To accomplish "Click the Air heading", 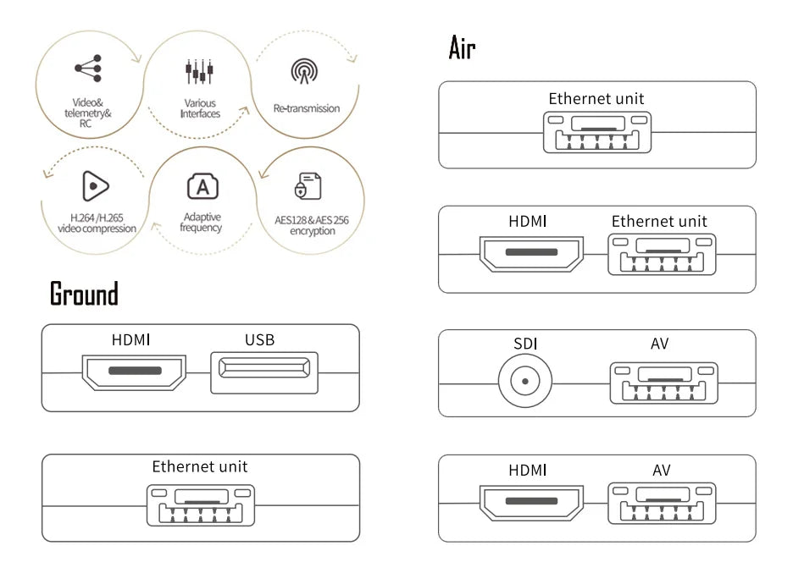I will [462, 48].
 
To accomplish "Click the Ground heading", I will [84, 295].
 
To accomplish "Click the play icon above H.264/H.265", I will [96, 185].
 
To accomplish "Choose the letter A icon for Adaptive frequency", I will [202, 186].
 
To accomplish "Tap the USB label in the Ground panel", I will [259, 340].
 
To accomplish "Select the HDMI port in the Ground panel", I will [134, 372].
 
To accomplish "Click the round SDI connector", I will [524, 380].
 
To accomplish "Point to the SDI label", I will [525, 344].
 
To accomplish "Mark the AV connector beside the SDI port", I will [663, 383].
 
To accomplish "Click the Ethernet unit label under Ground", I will [200, 466].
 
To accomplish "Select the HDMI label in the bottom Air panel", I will [528, 470].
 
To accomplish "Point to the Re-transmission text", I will [306, 108].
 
